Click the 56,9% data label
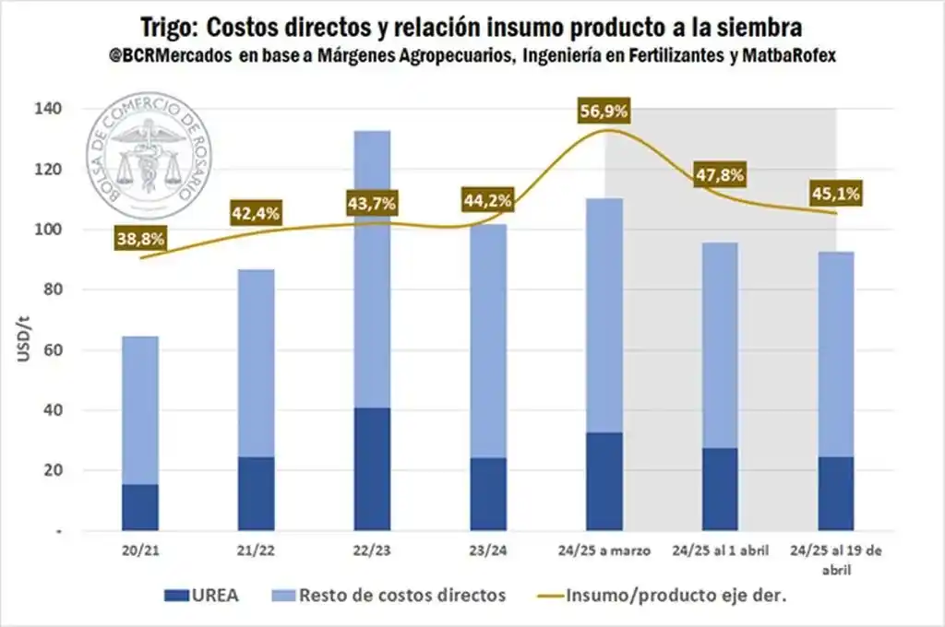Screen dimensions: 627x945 [x=605, y=112]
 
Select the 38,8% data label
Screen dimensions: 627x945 [x=140, y=239]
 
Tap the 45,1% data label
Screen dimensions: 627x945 [x=836, y=194]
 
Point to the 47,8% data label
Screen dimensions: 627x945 [x=720, y=175]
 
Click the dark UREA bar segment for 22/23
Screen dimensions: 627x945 [x=371, y=468]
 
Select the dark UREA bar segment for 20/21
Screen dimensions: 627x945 [x=139, y=506]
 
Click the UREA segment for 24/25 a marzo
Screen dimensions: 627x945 [x=604, y=481]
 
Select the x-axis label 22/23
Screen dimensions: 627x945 [x=371, y=550]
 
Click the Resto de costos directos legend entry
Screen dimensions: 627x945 [x=402, y=595]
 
